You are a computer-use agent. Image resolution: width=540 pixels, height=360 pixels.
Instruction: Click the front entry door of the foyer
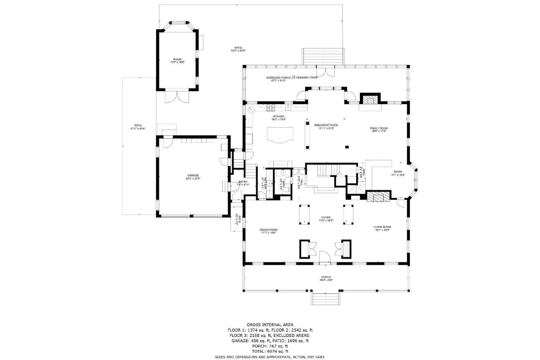(x=325, y=258)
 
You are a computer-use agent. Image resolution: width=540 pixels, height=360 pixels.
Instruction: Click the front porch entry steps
(x=326, y=298)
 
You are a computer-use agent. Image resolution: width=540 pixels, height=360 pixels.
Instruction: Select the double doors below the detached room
(x=178, y=97)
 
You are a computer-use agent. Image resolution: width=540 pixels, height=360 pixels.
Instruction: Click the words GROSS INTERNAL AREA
(x=270, y=325)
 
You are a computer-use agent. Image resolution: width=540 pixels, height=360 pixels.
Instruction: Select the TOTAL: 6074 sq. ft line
(x=270, y=351)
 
